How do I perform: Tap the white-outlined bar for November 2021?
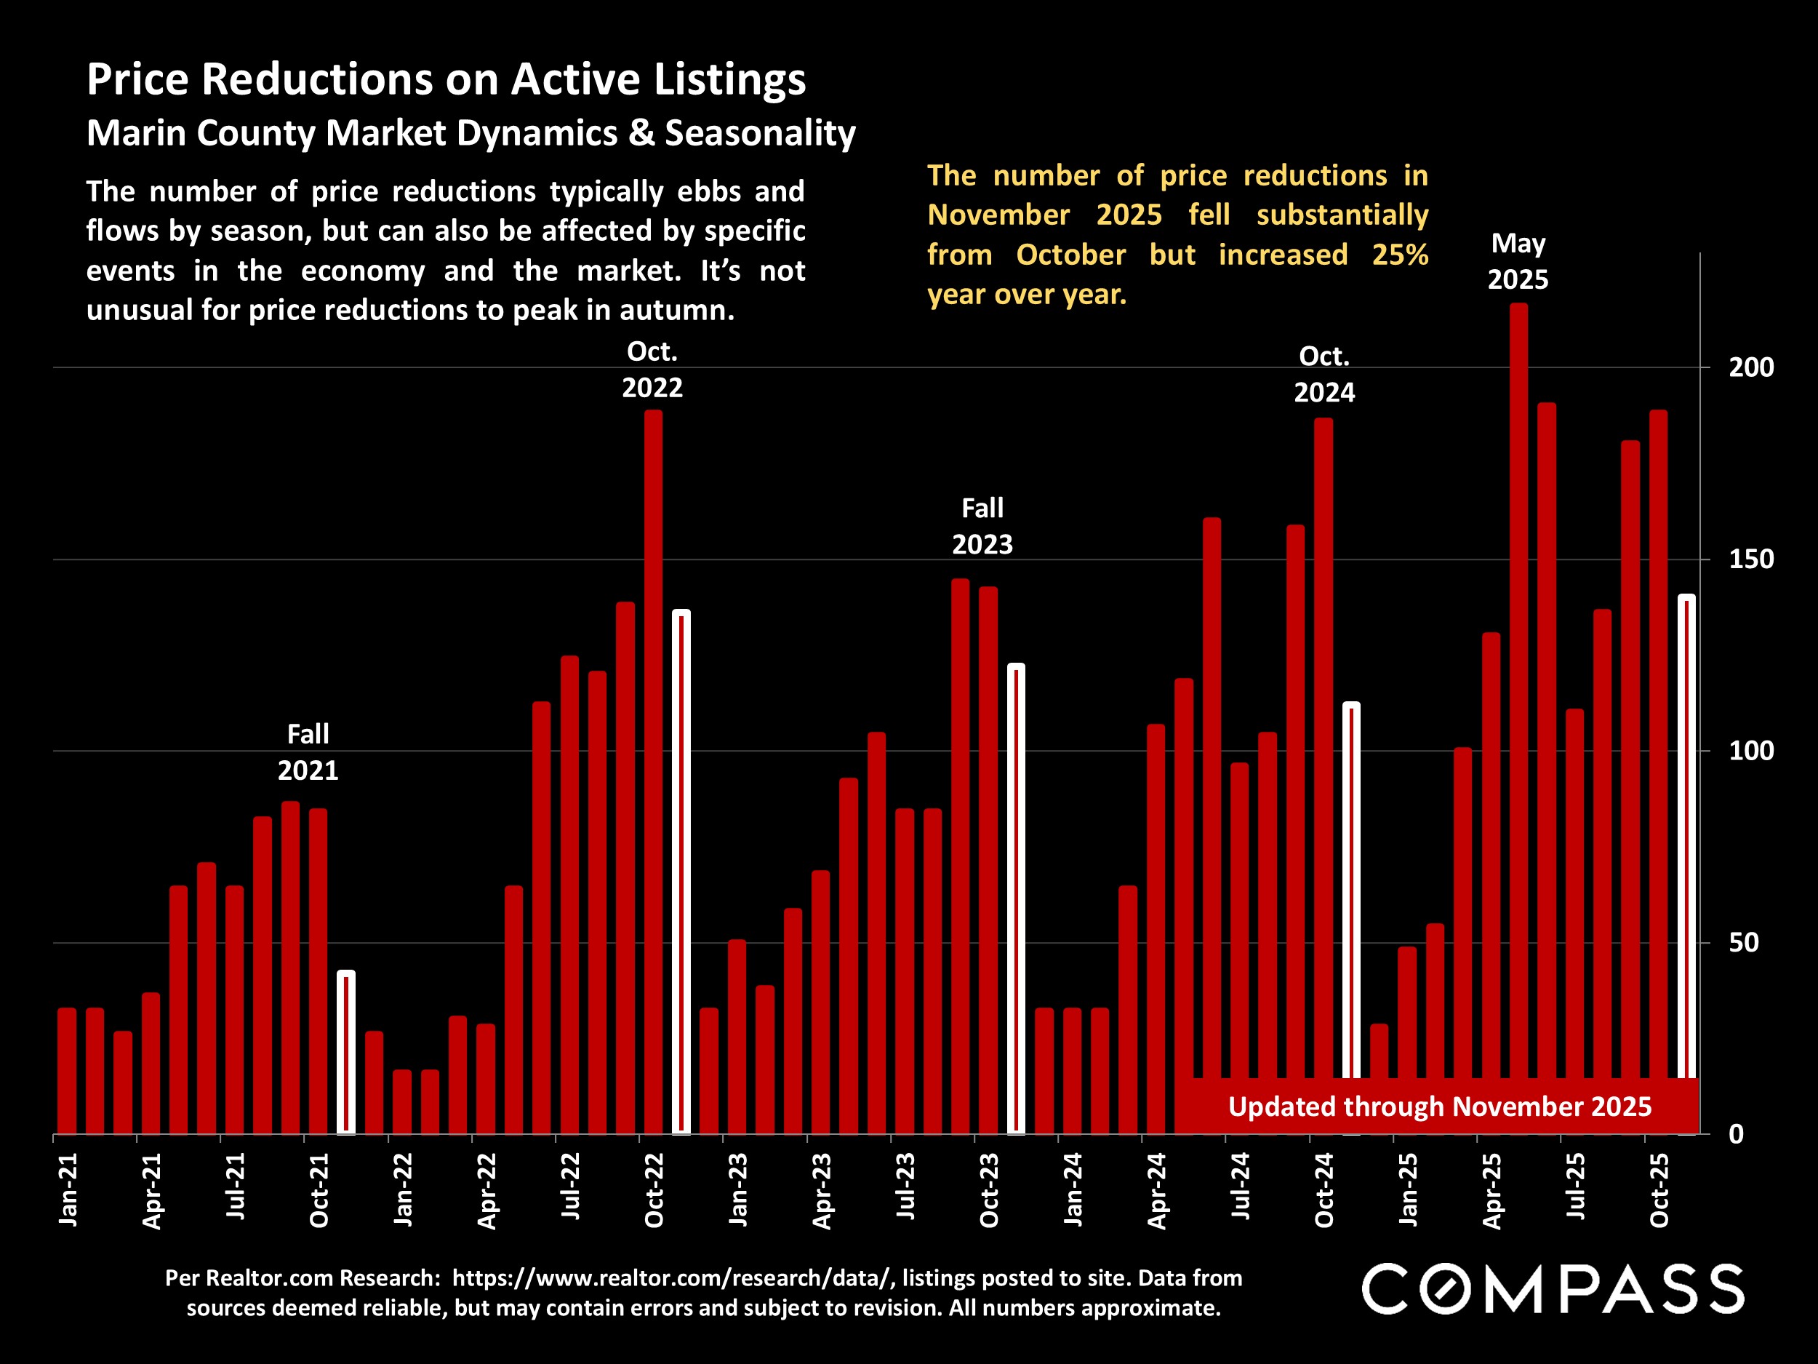tap(346, 1053)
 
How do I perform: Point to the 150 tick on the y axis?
tap(1750, 559)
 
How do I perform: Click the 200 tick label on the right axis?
tap(1750, 367)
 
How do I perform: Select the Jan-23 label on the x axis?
tap(737, 1189)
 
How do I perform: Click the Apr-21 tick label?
tap(151, 1191)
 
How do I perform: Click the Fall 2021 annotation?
tap(308, 751)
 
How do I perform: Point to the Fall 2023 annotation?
tap(982, 526)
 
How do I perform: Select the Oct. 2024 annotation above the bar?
tap(1324, 374)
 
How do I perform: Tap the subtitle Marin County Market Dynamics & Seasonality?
tap(471, 133)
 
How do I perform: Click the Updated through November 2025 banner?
tap(1439, 1106)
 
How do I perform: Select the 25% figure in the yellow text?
tap(1400, 255)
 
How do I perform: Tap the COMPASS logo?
tap(1553, 1289)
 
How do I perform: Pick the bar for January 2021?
tap(67, 1069)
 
